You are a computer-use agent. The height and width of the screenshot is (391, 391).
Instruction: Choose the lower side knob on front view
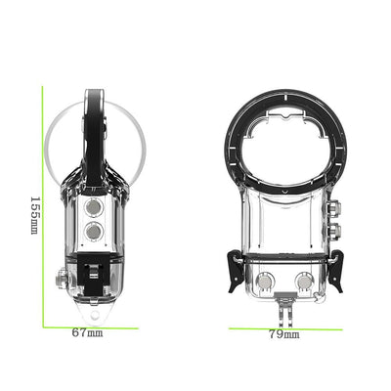[335, 231]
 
